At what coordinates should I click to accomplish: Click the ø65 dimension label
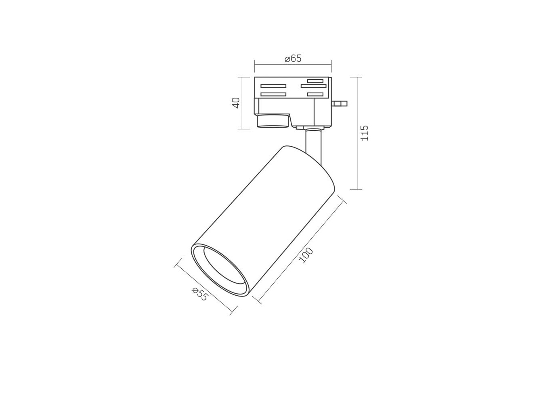293,59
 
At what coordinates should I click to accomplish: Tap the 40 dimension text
236,103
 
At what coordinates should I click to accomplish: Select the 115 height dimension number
364,133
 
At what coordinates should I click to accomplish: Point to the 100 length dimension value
306,255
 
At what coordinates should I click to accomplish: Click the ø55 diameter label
199,294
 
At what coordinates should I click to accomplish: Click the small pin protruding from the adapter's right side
340,103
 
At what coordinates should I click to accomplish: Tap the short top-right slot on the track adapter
315,81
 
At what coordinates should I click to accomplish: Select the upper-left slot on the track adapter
273,86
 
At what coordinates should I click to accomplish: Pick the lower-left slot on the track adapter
273,94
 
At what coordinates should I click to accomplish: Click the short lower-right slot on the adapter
315,94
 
